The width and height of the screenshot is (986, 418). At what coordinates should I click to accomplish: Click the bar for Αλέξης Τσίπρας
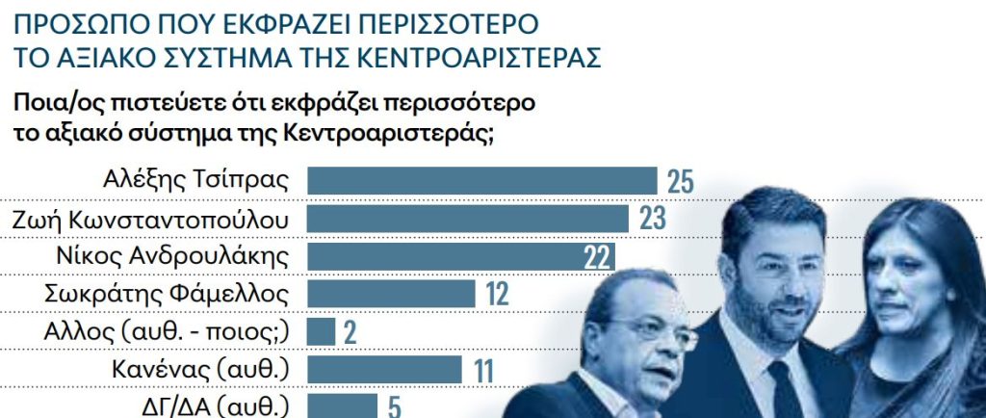pyautogui.click(x=481, y=180)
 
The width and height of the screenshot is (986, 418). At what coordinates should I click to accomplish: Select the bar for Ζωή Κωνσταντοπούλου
pyautogui.click(x=468, y=218)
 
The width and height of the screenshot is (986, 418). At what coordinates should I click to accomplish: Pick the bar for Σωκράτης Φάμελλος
pyautogui.click(x=391, y=293)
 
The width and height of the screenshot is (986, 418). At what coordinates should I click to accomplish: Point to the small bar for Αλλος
pyautogui.click(x=321, y=331)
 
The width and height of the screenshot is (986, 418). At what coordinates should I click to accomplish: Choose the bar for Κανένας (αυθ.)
pyautogui.click(x=385, y=369)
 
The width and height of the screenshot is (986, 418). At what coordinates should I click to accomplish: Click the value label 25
pyautogui.click(x=680, y=181)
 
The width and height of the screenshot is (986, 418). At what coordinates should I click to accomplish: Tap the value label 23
pyautogui.click(x=652, y=219)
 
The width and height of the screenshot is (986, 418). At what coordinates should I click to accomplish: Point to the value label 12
pyautogui.click(x=496, y=294)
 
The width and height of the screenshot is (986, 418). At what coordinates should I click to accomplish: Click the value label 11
pyautogui.click(x=482, y=370)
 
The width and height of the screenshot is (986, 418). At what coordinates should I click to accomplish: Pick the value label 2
pyautogui.click(x=349, y=332)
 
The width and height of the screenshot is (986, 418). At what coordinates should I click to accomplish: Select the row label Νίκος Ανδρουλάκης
pyautogui.click(x=174, y=255)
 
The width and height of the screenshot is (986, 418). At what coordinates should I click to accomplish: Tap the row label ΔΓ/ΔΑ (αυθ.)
pyautogui.click(x=216, y=405)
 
